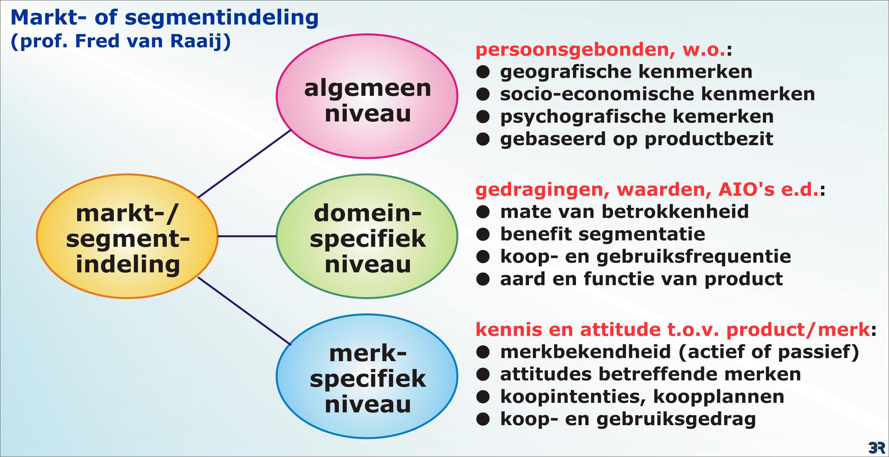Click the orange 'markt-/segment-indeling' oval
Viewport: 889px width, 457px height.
127,236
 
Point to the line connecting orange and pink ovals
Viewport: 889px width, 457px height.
244,164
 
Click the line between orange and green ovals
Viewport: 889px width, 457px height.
247,236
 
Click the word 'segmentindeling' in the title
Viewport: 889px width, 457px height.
221,18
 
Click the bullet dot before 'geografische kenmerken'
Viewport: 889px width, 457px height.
483,72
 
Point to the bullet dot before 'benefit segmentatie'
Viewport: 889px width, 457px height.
483,235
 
